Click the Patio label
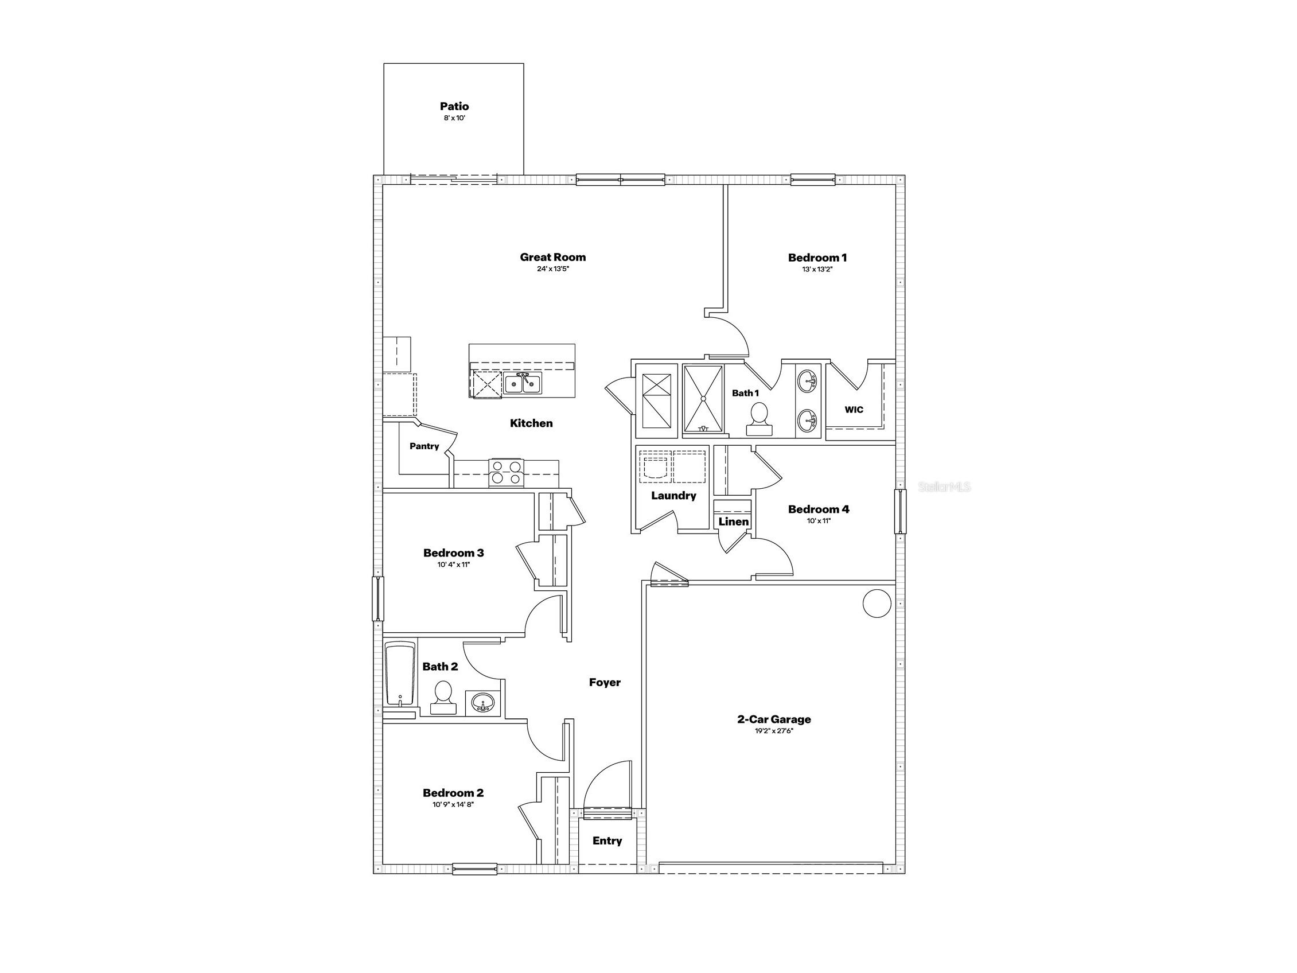coord(454,106)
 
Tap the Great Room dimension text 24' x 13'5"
coord(553,269)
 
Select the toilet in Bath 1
coord(759,419)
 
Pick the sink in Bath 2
coord(482,702)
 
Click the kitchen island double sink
coord(523,384)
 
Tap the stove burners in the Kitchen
coord(506,472)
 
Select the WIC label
coord(854,410)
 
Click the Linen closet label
coord(734,521)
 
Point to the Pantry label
coord(424,446)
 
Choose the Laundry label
coord(673,496)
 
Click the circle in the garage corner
coord(877,603)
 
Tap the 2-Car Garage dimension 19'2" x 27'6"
coord(774,731)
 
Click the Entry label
coord(607,840)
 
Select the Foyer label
coord(605,682)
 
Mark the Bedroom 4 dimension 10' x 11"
coord(819,521)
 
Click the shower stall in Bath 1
coord(703,399)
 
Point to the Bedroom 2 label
coord(453,793)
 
